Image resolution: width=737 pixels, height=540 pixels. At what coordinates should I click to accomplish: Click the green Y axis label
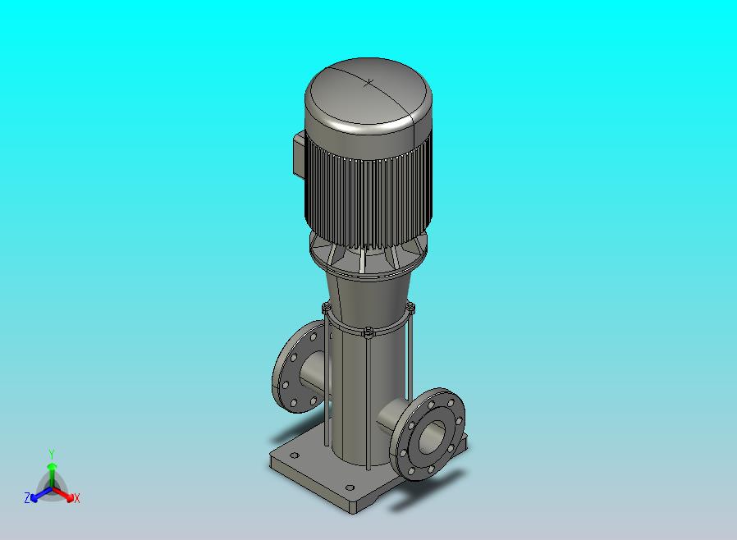click(51, 454)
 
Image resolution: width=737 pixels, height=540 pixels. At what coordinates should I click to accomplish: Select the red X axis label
click(77, 498)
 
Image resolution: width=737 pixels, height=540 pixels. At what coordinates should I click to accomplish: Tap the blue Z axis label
click(27, 497)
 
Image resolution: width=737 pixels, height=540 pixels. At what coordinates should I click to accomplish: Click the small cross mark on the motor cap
click(371, 81)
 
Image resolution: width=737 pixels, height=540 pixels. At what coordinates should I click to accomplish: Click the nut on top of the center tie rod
click(368, 332)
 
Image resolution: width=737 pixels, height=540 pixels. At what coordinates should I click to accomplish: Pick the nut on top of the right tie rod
click(410, 309)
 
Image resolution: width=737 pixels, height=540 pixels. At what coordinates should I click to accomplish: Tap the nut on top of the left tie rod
click(327, 309)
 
